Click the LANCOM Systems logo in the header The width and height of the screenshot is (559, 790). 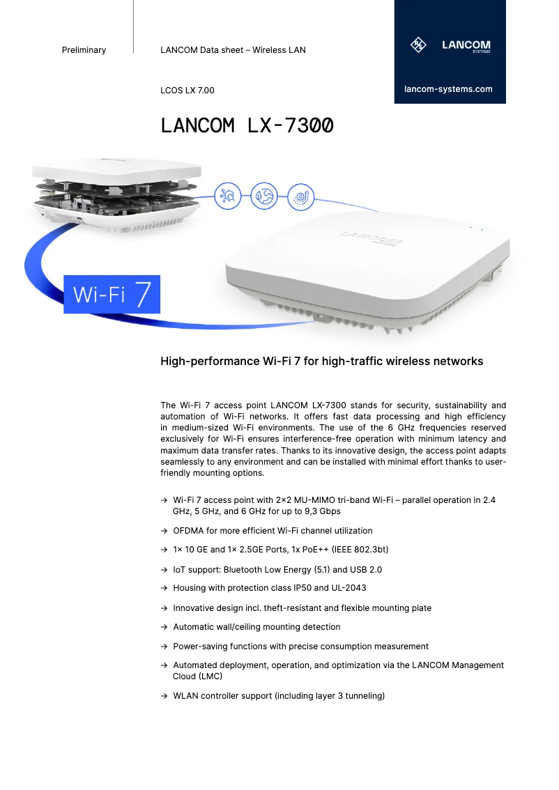tap(450, 46)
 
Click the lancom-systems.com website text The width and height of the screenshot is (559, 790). tap(448, 89)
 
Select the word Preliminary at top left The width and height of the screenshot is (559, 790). tap(84, 50)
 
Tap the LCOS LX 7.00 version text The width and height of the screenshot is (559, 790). tap(187, 91)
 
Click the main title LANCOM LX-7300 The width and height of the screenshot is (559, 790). tap(247, 126)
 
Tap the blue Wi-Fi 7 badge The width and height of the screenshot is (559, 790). tap(112, 294)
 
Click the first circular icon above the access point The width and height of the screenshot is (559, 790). tap(228, 196)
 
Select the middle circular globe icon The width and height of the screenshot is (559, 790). tap(264, 196)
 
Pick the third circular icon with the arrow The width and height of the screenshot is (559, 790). tap(301, 196)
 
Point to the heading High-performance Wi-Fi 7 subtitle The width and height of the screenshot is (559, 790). tap(321, 362)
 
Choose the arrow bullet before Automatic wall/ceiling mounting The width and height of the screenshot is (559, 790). tap(163, 627)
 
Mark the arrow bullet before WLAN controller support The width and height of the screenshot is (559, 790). tap(163, 696)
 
